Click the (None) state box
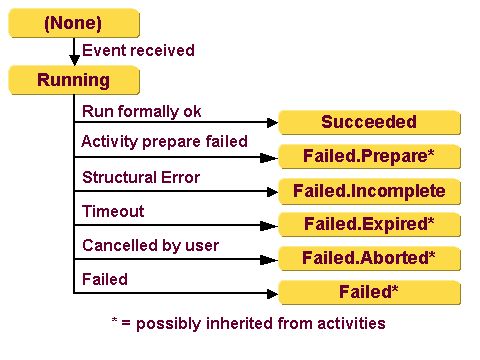[74, 22]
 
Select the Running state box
[74, 79]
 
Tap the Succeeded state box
[369, 122]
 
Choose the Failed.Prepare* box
[369, 156]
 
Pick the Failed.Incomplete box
[369, 190]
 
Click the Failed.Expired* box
[369, 224]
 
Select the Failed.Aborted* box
[369, 258]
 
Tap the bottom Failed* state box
[369, 292]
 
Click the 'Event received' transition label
[138, 50]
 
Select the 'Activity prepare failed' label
[164, 142]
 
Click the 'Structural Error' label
[141, 178]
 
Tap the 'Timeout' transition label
[113, 211]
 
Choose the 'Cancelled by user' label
[150, 246]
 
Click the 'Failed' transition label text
[105, 279]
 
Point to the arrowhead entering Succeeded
[271, 124]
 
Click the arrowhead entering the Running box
[74, 61]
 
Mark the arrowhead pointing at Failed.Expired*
[271, 226]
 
